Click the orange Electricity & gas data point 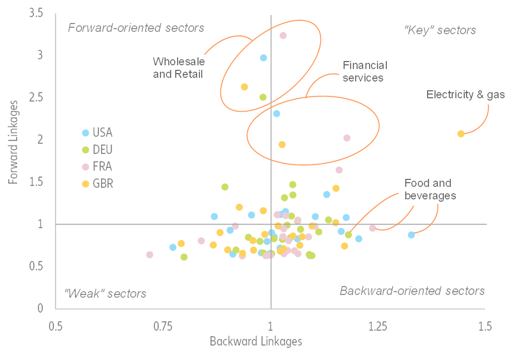click(461, 134)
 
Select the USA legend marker click(85, 133)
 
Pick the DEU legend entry click(97, 149)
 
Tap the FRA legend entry click(97, 167)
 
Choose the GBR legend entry click(97, 183)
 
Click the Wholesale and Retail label click(179, 68)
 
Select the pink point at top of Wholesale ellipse click(283, 35)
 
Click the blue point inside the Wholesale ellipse click(263, 58)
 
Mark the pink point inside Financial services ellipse click(347, 138)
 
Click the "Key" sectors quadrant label click(440, 31)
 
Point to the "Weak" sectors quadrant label click(105, 294)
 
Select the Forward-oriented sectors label click(136, 28)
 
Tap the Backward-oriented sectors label click(412, 291)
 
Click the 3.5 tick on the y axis click(36, 13)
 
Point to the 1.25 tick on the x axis click(378, 326)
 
